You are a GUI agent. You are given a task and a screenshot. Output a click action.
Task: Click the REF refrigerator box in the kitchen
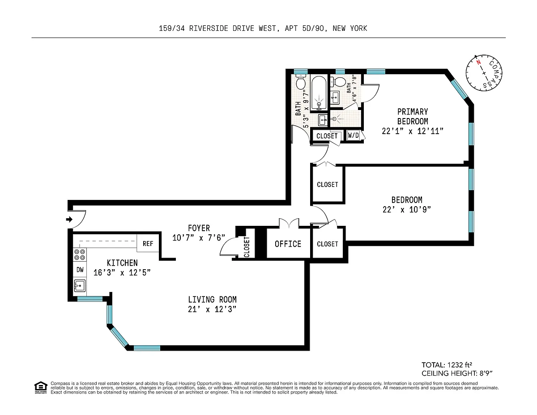click(x=148, y=243)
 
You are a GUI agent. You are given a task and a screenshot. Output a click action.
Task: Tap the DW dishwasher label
click(x=80, y=270)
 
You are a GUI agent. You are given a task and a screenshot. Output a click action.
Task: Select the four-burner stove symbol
click(x=80, y=254)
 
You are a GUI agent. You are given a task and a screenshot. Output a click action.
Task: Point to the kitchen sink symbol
click(x=80, y=286)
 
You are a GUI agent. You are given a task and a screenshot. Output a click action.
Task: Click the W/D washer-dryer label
click(x=353, y=135)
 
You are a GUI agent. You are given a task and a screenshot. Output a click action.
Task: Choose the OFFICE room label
click(x=288, y=244)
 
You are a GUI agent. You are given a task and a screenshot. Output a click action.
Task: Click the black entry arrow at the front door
click(x=69, y=219)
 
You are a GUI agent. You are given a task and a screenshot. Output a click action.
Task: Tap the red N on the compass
click(x=478, y=62)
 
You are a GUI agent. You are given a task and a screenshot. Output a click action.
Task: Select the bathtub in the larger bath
click(x=319, y=93)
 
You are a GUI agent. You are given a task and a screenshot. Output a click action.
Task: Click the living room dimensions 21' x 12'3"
click(x=212, y=309)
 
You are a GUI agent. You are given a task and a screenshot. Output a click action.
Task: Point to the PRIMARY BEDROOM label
click(x=413, y=117)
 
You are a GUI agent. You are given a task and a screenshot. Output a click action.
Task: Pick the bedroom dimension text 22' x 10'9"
click(x=406, y=210)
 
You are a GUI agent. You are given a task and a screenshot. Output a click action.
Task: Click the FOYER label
click(x=199, y=228)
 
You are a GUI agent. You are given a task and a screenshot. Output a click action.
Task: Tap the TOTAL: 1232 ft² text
click(x=447, y=364)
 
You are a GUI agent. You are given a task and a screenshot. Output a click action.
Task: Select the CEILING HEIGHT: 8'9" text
click(x=457, y=373)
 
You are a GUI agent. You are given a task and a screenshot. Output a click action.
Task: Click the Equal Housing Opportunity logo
click(x=41, y=388)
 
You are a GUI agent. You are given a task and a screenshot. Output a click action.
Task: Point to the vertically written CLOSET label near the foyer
click(x=247, y=247)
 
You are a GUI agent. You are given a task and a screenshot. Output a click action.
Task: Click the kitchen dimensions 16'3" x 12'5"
click(x=122, y=272)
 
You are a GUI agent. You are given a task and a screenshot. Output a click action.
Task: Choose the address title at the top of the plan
click(x=263, y=28)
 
